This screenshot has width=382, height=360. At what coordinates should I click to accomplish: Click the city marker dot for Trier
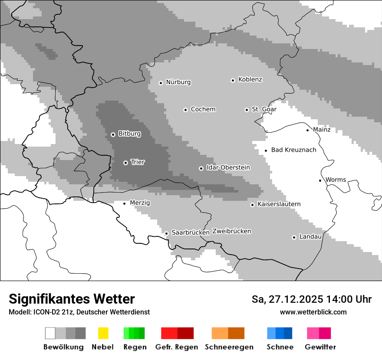pyautogui.click(x=125, y=163)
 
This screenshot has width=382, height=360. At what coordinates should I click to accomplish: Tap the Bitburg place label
pyautogui.click(x=129, y=134)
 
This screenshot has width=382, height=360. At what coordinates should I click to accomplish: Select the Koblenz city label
pyautogui.click(x=250, y=79)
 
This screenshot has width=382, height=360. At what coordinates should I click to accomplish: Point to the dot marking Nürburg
pyautogui.click(x=161, y=82)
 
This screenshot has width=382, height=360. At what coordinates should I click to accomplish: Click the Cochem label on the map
pyautogui.click(x=203, y=109)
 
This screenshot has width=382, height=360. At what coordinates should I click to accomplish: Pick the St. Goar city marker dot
pyautogui.click(x=247, y=110)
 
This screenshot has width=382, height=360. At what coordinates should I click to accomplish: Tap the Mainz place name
pyautogui.click(x=322, y=129)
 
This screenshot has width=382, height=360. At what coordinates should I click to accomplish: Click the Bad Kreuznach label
pyautogui.click(x=293, y=150)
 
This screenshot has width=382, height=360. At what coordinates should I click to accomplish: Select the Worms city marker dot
pyautogui.click(x=320, y=180)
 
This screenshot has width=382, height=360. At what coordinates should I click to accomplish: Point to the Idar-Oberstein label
pyautogui.click(x=228, y=167)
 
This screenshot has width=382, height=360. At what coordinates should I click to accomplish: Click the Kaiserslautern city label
pyautogui.click(x=279, y=204)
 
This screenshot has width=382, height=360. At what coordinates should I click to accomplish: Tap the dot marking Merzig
pyautogui.click(x=124, y=203)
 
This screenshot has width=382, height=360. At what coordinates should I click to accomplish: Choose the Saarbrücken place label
pyautogui.click(x=191, y=232)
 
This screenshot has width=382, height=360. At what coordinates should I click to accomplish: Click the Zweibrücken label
pyautogui.click(x=231, y=231)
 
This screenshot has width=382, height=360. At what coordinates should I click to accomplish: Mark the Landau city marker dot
pyautogui.click(x=294, y=237)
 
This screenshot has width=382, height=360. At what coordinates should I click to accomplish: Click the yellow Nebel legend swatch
pyautogui.click(x=103, y=333)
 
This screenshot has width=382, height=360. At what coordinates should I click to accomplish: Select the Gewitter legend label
pyautogui.click(x=320, y=347)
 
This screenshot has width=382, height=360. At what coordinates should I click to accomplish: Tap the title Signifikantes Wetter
pyautogui.click(x=72, y=299)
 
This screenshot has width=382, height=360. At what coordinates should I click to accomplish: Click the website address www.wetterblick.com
pyautogui.click(x=313, y=312)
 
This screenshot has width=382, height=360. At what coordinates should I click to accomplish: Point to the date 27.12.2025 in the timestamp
pyautogui.click(x=295, y=299)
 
